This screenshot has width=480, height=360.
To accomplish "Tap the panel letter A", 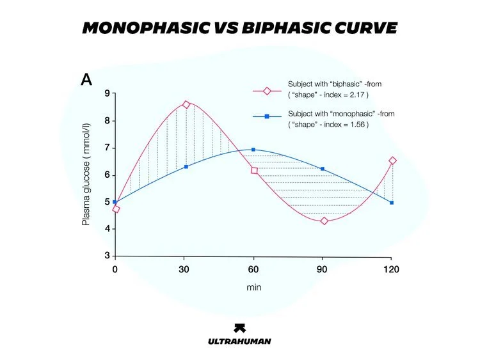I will (x=86, y=80).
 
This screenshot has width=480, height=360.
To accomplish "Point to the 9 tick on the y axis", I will (x=107, y=94).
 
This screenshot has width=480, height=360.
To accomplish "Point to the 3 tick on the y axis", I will (x=107, y=256).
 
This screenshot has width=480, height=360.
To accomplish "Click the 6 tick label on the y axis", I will (x=107, y=175).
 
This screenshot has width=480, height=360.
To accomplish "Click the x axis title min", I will (x=253, y=287).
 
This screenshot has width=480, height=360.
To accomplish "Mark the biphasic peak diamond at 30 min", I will (x=186, y=104).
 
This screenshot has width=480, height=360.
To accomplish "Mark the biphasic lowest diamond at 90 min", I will (x=324, y=221).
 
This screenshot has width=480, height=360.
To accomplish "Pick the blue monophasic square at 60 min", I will (x=253, y=150).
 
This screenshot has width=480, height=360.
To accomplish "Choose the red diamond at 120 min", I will (x=392, y=160).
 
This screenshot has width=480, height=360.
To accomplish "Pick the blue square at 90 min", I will (x=323, y=169).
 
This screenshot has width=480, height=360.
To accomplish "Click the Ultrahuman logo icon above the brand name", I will (x=239, y=327).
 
